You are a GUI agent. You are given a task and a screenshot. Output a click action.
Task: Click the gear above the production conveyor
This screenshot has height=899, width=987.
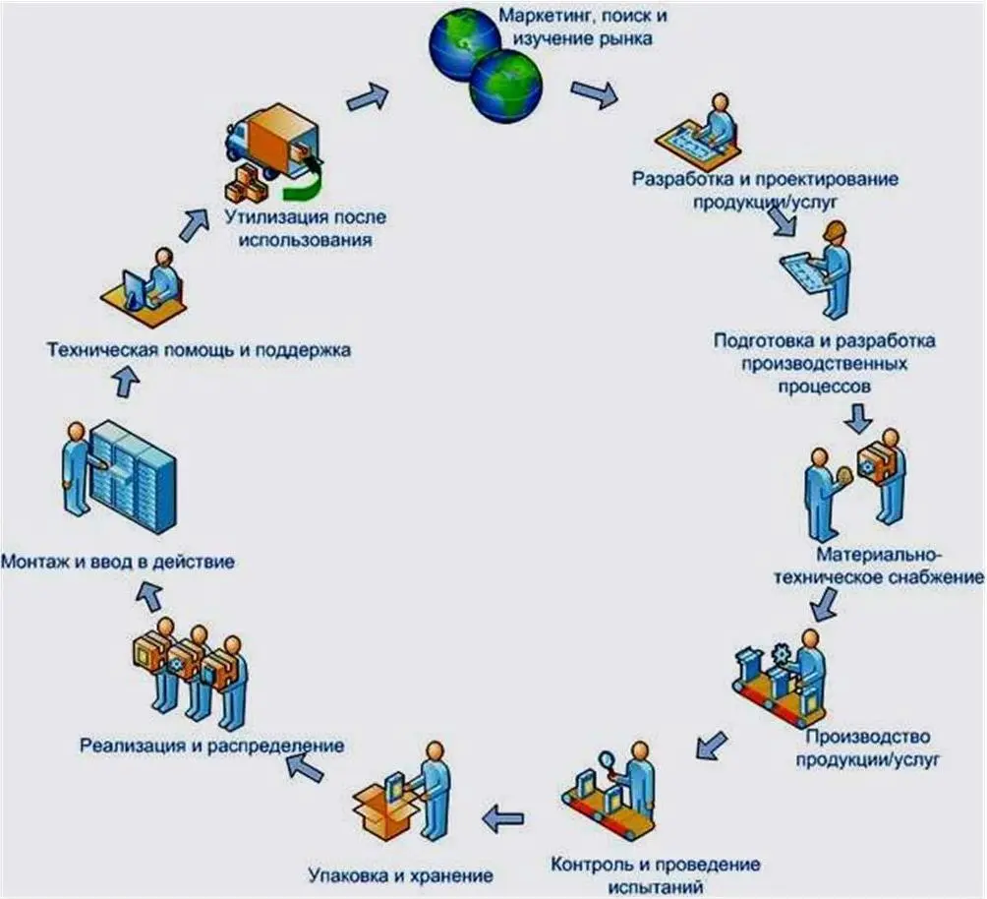pyautogui.click(x=782, y=650)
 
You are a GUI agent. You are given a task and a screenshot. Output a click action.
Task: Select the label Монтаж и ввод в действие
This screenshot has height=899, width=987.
pyautogui.click(x=118, y=563)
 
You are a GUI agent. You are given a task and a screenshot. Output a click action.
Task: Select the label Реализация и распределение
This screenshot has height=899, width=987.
pyautogui.click(x=211, y=745)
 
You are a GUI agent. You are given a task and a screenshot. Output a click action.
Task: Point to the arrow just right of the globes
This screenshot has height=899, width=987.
pyautogui.click(x=594, y=93)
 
